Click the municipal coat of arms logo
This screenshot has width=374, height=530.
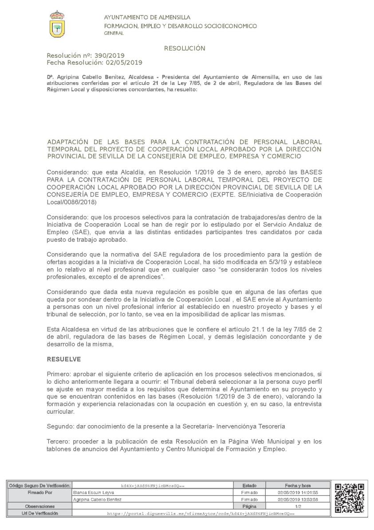point(57,24)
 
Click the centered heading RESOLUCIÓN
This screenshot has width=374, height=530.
point(185,48)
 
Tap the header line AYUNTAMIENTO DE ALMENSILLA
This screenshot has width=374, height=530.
point(147,17)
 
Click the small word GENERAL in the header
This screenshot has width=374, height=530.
point(114,33)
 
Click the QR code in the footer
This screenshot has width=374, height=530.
point(350,498)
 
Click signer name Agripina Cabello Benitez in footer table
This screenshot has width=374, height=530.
point(96,499)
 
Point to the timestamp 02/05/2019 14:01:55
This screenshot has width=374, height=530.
point(298,492)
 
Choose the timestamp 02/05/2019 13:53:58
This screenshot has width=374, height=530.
point(298,499)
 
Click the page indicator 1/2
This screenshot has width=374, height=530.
point(298,506)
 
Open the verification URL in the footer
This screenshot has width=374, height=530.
point(201,513)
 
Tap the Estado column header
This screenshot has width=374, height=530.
point(249,486)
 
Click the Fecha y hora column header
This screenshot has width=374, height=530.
point(298,486)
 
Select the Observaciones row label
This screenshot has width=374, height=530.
point(39,506)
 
